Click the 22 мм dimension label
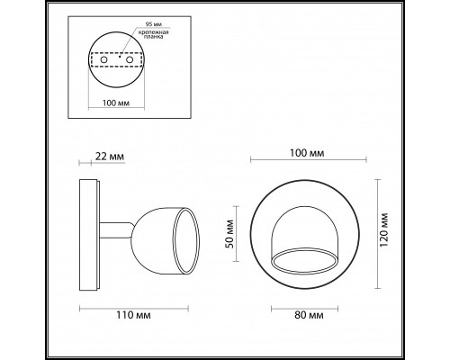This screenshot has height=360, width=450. [x=110, y=157]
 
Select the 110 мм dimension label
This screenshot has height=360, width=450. [x=133, y=315]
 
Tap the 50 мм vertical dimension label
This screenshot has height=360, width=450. [x=230, y=234]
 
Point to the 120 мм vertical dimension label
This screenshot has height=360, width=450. [x=384, y=229]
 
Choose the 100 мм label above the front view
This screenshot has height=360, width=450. [x=307, y=153]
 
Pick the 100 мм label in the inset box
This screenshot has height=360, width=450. [x=116, y=103]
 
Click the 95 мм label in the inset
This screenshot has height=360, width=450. [x=152, y=24]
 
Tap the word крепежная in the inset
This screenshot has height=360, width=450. [x=153, y=32]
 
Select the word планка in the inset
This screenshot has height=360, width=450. [x=153, y=37]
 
